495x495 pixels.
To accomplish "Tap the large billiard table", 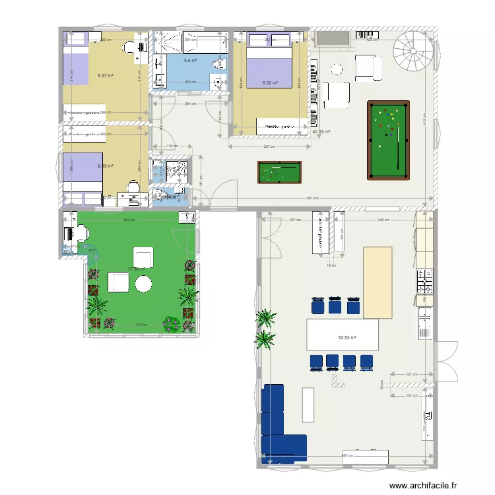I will coord(387,139).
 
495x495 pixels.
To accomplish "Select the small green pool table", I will coord(279,173).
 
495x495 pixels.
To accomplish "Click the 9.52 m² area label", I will coord(269,83).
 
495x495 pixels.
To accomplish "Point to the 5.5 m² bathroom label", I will coord(190,61).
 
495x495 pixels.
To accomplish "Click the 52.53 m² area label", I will coord(347,338).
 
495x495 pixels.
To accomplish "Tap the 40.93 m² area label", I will coord(321,131).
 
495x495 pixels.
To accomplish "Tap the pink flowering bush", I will coord(172,323).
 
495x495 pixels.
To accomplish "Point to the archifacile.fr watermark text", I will coord(422,485).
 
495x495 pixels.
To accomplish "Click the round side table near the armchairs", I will coord(337,69).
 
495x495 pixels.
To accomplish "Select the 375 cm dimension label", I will coord(140,324).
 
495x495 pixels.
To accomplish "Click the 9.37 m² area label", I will coord(104,76).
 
